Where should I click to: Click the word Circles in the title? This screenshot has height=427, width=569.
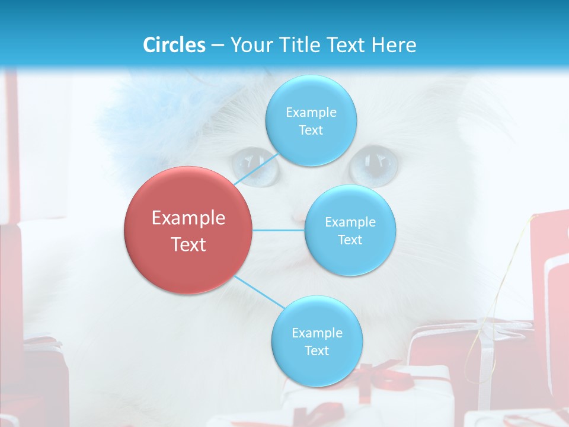(x=174, y=44)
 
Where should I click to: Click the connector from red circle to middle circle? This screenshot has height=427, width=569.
(x=279, y=230)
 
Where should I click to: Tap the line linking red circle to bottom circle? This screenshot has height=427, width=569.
(x=260, y=292)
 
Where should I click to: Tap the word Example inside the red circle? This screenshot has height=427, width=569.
(x=188, y=218)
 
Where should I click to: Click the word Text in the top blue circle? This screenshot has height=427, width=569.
(x=311, y=130)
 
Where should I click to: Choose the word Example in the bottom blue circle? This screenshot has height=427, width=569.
(x=317, y=333)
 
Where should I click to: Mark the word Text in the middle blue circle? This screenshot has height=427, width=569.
(x=350, y=240)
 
